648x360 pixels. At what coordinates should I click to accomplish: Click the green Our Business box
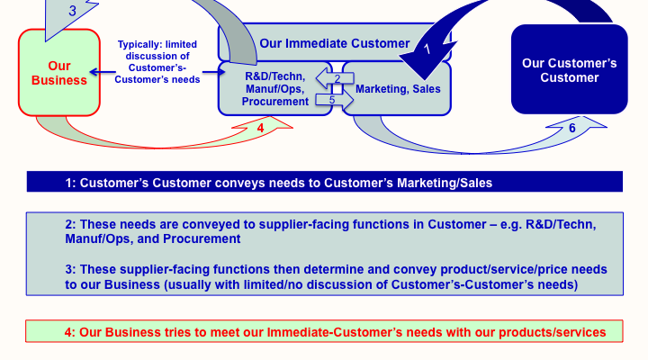pos(59,72)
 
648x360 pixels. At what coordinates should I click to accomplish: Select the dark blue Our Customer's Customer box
pos(569,70)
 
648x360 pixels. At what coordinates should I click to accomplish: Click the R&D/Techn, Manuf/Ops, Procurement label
pos(274,89)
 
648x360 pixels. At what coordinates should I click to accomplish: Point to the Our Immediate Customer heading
pos(334,42)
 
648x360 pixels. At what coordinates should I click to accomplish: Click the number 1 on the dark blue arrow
pos(428,49)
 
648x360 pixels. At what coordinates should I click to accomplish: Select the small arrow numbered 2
pos(337,78)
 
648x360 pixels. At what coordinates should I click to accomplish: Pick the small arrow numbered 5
pos(333,100)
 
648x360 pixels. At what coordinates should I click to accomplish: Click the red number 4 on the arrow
pos(260,128)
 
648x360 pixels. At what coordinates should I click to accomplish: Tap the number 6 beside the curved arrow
pos(571,128)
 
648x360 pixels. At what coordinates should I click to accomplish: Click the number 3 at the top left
pos(71,12)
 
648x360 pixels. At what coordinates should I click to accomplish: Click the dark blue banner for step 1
pos(324,182)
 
